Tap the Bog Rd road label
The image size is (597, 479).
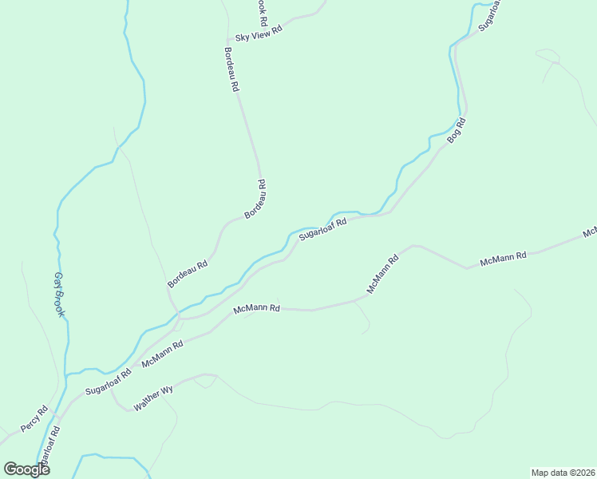point(456,130)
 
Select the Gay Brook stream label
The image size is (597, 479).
point(59,295)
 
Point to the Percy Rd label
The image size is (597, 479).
point(35,418)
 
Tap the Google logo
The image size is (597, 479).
point(27,469)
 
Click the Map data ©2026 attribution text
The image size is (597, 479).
point(563,472)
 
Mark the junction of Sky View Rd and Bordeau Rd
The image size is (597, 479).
point(229,38)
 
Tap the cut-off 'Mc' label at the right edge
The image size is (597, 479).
point(590,232)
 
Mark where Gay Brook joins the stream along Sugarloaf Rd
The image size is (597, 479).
point(68,374)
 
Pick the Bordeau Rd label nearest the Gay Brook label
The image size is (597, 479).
point(188,274)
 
